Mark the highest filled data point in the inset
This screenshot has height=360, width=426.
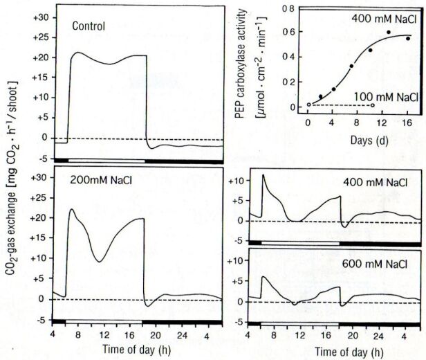[389, 33]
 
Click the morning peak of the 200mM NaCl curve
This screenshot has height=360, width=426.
[72, 209]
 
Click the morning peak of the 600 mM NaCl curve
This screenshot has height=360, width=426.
[263, 277]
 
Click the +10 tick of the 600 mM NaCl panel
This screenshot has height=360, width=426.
[241, 264]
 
